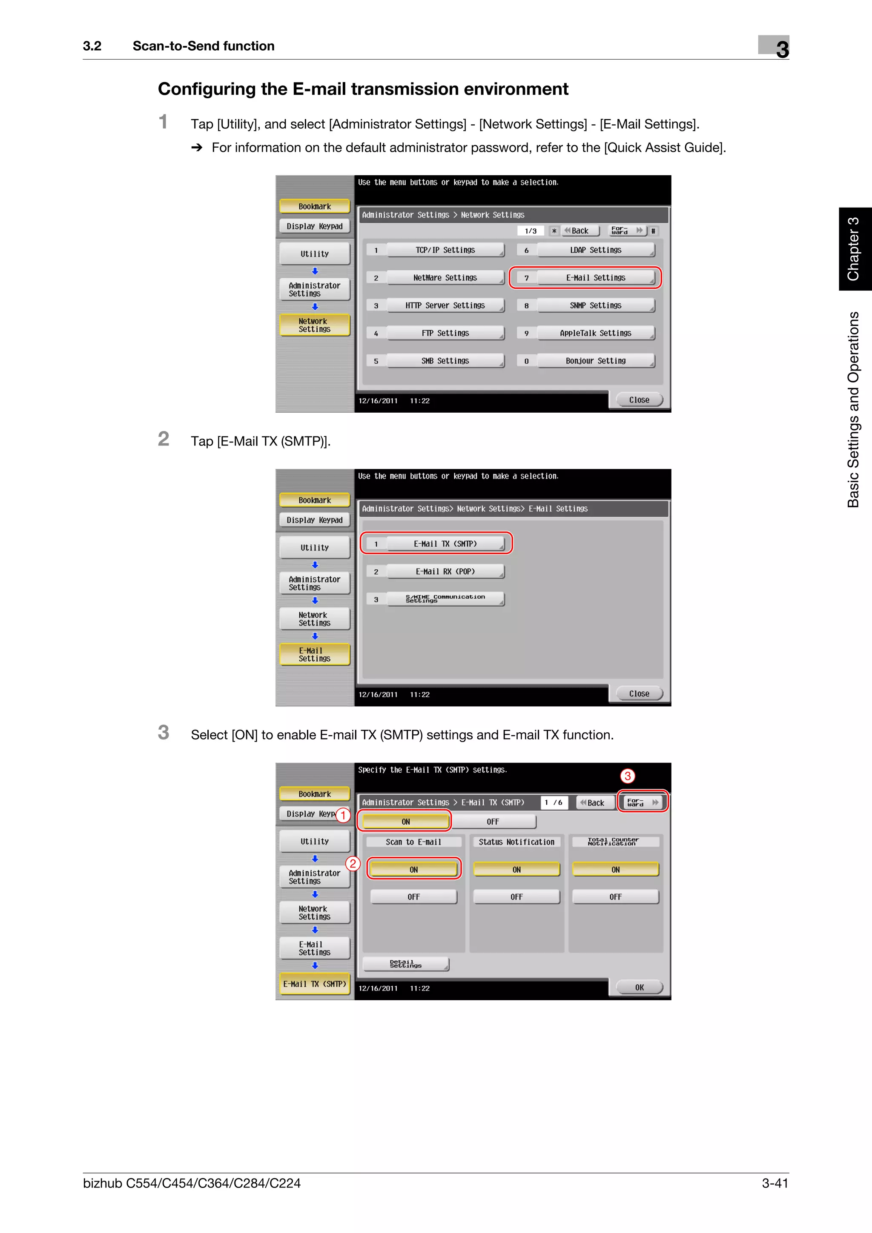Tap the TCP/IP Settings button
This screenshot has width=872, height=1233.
(445, 250)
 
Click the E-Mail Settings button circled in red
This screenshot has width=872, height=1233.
(595, 278)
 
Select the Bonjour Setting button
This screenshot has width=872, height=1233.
(595, 361)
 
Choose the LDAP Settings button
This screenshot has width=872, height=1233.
(595, 250)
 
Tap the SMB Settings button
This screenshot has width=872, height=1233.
(445, 361)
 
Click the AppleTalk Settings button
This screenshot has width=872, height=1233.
(595, 333)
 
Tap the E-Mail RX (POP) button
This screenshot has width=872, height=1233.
(445, 571)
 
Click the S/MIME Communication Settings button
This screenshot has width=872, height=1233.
(445, 599)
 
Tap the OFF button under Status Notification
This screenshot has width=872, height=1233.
(516, 897)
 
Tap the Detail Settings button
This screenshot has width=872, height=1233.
(406, 965)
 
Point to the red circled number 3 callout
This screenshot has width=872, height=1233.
(627, 776)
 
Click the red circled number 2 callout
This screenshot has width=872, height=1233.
(353, 864)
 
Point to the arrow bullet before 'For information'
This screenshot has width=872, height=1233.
(197, 148)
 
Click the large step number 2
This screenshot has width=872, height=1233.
(163, 439)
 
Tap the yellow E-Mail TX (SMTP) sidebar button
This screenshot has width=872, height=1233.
(314, 984)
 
